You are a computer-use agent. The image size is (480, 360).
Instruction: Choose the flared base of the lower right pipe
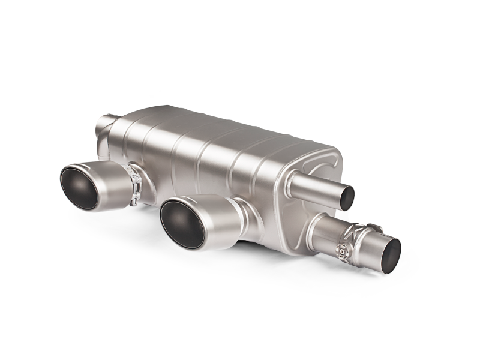pos(321,231)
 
